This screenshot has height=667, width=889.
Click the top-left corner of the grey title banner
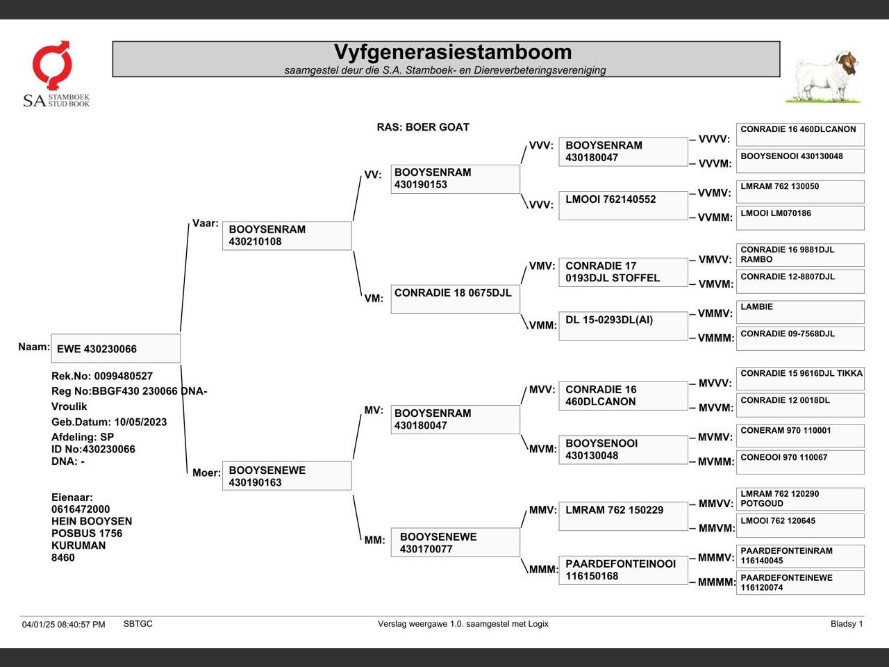tap(113, 41)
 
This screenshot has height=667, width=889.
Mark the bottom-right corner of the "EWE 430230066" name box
tap(180, 363)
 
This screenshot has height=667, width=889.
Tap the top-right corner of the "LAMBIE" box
tap(864, 301)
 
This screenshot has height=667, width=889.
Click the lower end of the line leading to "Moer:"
tap(187, 473)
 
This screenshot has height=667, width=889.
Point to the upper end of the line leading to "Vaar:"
tap(189, 224)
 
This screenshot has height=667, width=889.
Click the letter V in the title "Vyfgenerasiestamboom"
tap(342, 52)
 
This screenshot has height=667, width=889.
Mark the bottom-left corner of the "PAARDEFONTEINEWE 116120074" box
tap(736, 594)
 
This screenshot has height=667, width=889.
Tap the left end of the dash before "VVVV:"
tap(690, 140)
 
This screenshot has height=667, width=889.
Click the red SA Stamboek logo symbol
tap(52, 65)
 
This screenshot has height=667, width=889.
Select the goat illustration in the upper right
tap(824, 77)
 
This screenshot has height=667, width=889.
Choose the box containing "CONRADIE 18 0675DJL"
tap(455, 299)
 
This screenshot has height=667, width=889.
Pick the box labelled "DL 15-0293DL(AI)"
tap(623, 326)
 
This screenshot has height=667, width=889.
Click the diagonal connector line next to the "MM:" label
tap(357, 518)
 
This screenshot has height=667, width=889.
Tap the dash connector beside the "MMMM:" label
tap(692, 583)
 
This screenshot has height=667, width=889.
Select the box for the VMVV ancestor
tap(800, 255)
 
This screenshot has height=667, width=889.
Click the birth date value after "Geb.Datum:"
tap(140, 422)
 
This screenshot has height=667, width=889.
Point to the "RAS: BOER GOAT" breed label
tap(423, 127)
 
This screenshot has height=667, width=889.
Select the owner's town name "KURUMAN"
tap(78, 545)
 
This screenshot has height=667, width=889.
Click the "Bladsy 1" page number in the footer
tap(847, 624)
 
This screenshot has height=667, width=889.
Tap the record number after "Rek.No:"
tap(124, 376)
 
